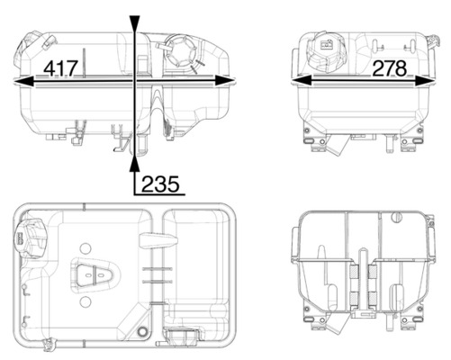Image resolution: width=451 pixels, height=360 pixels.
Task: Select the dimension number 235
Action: (x=160, y=184)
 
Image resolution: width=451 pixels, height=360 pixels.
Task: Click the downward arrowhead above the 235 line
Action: (x=135, y=23)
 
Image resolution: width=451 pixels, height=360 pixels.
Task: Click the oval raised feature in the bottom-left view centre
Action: (x=93, y=275)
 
